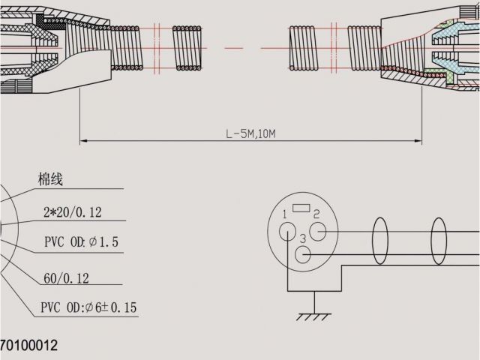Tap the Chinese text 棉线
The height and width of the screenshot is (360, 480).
[x=50, y=179]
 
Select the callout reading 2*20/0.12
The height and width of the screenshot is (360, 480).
[x=72, y=212]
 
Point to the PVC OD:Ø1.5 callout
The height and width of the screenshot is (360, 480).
[x=81, y=243]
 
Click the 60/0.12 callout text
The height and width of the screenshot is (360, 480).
[x=66, y=278]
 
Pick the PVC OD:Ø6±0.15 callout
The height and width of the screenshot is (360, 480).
[x=88, y=308]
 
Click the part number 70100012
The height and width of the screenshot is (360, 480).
[x=28, y=346]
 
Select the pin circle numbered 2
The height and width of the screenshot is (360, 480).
[x=317, y=231]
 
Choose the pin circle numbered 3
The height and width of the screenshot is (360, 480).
[x=303, y=254]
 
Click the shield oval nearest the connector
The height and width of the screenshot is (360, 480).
[x=380, y=242]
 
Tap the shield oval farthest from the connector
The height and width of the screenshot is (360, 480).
[x=439, y=242]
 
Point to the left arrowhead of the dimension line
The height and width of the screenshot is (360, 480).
[x=83, y=140]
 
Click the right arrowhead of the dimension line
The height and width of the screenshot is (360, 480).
[x=418, y=140]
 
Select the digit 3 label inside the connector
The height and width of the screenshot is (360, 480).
[x=301, y=238]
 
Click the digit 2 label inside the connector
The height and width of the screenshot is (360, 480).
[x=316, y=214]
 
